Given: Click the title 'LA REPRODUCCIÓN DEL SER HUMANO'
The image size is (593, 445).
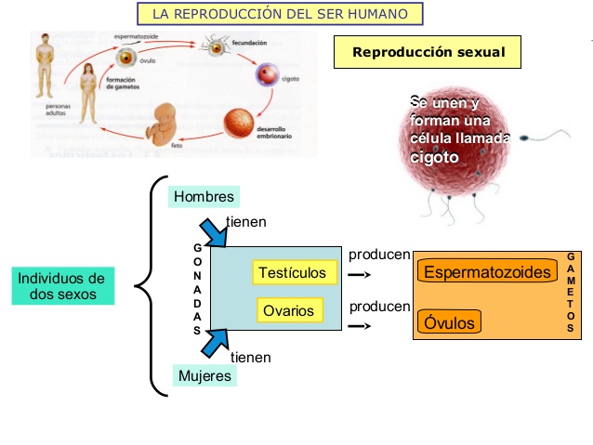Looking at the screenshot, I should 279,14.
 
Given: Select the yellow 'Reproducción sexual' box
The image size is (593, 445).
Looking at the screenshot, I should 428,52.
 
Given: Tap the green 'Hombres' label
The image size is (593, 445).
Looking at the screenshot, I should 204,197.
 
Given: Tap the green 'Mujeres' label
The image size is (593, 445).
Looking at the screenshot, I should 204,376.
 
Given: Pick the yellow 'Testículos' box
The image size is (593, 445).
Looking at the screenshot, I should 292,272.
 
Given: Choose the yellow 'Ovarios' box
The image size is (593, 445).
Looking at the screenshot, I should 288,310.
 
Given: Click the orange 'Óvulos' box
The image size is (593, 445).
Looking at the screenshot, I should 450,322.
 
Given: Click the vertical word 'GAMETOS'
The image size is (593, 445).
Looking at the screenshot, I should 570,293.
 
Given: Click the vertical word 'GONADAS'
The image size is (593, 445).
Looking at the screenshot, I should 197,289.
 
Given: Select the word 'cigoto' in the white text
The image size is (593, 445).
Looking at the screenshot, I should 434,157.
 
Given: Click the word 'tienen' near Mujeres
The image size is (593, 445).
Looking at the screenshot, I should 250,357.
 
